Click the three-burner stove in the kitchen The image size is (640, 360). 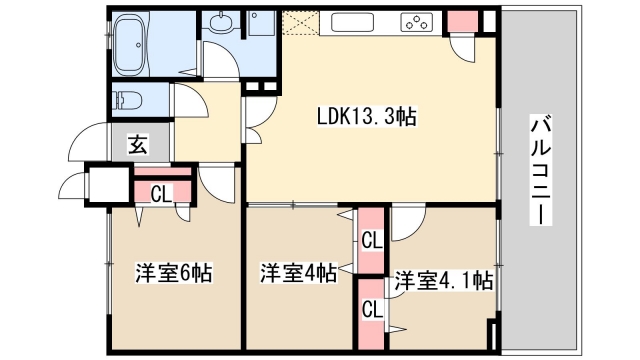tap(415, 23)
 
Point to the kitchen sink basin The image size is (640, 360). tap(354, 22)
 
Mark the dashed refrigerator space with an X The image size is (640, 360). tap(297, 23)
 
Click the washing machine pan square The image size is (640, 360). tap(264, 24)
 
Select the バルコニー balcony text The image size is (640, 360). tap(541, 170)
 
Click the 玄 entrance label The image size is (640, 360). tap(137, 146)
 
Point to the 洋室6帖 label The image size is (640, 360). tap(172, 272)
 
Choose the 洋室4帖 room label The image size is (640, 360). tap(297, 273)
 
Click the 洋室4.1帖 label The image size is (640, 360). tap(442, 280)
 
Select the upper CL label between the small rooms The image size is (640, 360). tap(371, 240)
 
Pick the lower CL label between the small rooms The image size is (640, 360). tap(371, 308)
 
